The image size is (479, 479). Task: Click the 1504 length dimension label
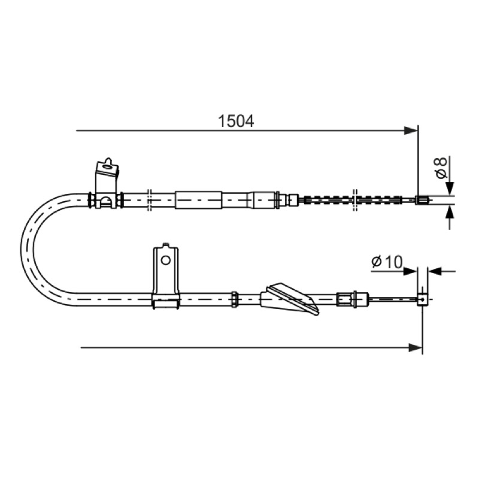(236, 122)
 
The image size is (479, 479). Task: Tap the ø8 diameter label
(441, 168)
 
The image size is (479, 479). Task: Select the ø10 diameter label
(387, 262)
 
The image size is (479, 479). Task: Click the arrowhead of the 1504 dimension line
(411, 131)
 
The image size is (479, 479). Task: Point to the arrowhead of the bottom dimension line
(416, 347)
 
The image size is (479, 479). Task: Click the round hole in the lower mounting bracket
(166, 260)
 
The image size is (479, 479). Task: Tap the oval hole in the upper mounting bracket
(107, 167)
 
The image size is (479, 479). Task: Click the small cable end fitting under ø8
(422, 200)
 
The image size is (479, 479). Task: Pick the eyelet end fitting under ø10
(423, 300)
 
